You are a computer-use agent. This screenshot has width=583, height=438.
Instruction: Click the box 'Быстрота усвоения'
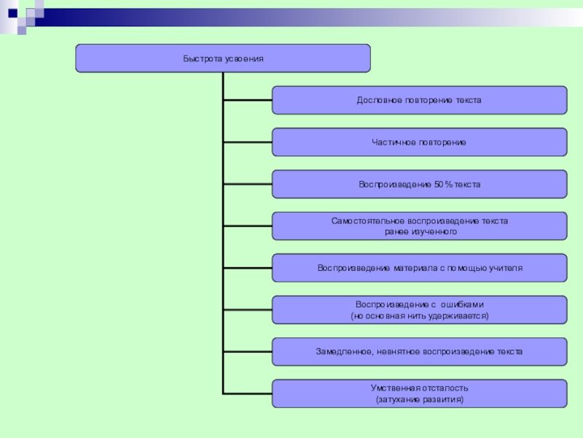point(222,58)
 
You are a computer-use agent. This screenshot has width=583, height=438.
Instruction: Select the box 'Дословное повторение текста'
point(419,100)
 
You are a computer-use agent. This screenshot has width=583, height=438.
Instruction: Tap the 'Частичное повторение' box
point(419,142)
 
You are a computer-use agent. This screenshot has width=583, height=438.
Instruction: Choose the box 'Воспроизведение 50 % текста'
point(419,184)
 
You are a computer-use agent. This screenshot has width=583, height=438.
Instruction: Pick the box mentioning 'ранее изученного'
point(419,226)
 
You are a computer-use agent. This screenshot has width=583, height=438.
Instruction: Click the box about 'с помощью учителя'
point(419,268)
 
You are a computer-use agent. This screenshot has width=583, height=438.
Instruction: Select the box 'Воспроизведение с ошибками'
point(419,310)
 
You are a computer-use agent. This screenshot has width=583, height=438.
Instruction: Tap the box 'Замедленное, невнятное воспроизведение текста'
point(419,352)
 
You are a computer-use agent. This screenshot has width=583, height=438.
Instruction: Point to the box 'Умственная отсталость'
point(419,393)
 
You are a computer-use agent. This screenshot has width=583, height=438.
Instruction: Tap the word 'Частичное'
point(391,142)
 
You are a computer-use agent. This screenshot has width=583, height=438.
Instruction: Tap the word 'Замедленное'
point(344,352)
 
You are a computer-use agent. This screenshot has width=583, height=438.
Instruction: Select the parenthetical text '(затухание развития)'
point(419,400)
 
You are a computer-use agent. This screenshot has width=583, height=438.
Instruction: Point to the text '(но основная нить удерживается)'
point(419,316)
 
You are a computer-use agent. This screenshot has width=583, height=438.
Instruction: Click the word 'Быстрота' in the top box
point(199,58)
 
